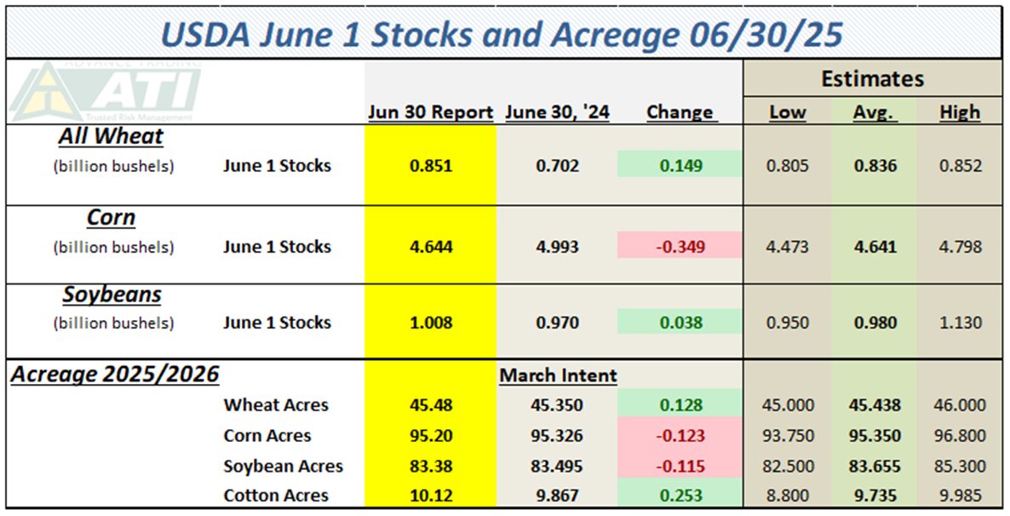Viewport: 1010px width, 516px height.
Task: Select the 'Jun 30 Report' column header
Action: [x=430, y=112]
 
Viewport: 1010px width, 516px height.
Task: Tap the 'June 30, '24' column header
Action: [x=557, y=112]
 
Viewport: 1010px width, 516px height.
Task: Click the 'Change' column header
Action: [x=680, y=112]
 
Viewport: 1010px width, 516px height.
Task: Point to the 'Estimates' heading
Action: [x=872, y=79]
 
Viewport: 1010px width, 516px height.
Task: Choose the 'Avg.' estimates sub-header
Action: [x=873, y=112]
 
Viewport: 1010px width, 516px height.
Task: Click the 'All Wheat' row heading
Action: [x=111, y=136]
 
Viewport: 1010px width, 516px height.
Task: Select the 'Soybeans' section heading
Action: [x=112, y=295]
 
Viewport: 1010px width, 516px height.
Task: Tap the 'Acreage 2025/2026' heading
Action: [x=114, y=375]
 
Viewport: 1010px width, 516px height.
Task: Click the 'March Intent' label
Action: [x=558, y=376]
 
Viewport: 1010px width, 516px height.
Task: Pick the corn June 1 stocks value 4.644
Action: [x=430, y=247]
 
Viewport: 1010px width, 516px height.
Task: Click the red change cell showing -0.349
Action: [x=680, y=247]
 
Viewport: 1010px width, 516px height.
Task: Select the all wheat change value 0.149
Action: [x=680, y=166]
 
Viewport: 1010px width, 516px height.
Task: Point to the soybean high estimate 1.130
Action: [x=960, y=323]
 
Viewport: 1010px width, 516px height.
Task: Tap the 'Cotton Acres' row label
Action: [x=276, y=496]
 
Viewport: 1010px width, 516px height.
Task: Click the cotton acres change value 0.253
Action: [x=680, y=496]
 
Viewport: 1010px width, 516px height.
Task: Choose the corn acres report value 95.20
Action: [x=430, y=436]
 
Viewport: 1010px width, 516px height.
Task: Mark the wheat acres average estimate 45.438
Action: [x=873, y=405]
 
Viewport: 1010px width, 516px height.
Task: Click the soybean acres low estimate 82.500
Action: [x=789, y=467]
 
